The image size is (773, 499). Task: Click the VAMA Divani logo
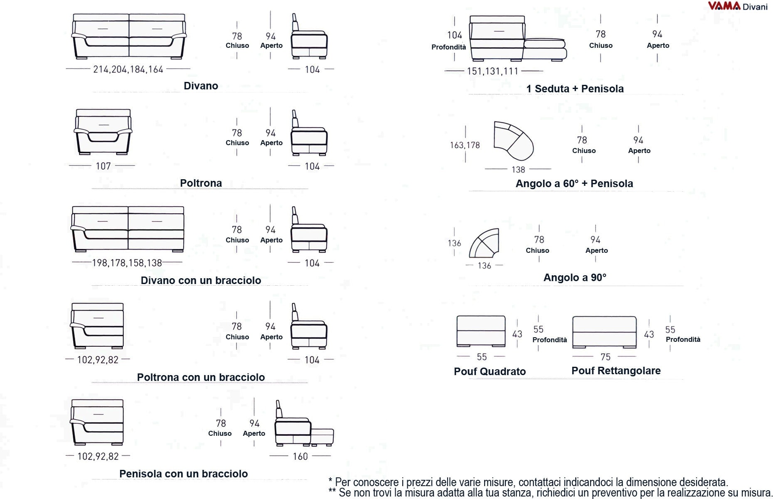738,6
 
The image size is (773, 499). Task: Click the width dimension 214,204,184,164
128,69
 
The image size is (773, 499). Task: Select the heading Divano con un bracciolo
201,280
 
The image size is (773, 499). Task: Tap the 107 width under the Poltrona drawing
103,166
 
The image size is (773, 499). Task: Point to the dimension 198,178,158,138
127,263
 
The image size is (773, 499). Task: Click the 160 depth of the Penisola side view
300,457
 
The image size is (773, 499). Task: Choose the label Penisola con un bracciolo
183,474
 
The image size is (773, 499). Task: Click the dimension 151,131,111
492,71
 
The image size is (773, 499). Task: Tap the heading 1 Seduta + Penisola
575,89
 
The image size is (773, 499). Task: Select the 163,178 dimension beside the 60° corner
465,145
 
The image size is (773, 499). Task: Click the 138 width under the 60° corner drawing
518,170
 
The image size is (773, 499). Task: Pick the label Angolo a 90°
575,277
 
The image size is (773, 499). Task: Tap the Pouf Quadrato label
490,371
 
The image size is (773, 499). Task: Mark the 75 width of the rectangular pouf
606,357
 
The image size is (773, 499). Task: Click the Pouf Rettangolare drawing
604,331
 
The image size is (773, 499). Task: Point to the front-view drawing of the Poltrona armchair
103,132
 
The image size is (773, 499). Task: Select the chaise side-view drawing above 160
304,424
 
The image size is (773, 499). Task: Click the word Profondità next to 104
448,47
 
